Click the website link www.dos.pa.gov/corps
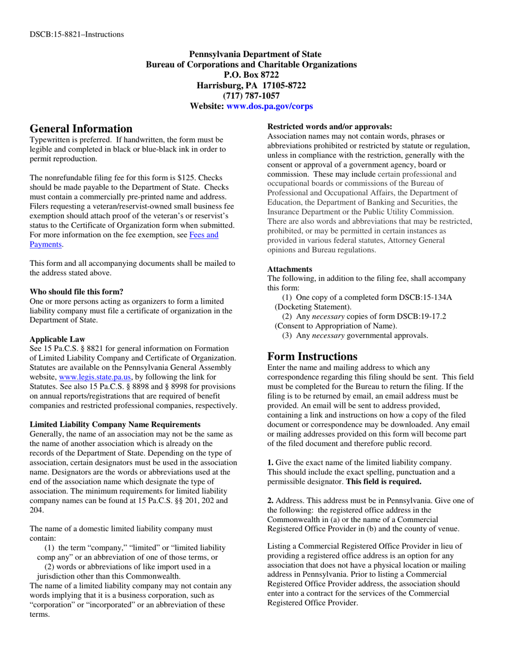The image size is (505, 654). point(270,106)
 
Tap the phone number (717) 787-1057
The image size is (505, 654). point(251,96)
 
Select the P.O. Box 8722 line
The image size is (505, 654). point(251,75)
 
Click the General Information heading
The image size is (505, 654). point(81,129)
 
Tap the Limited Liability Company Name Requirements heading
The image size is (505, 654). point(115,424)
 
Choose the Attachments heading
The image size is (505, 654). point(290,269)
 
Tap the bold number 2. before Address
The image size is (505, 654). point(270,500)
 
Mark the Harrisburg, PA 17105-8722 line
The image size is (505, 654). point(251,85)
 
